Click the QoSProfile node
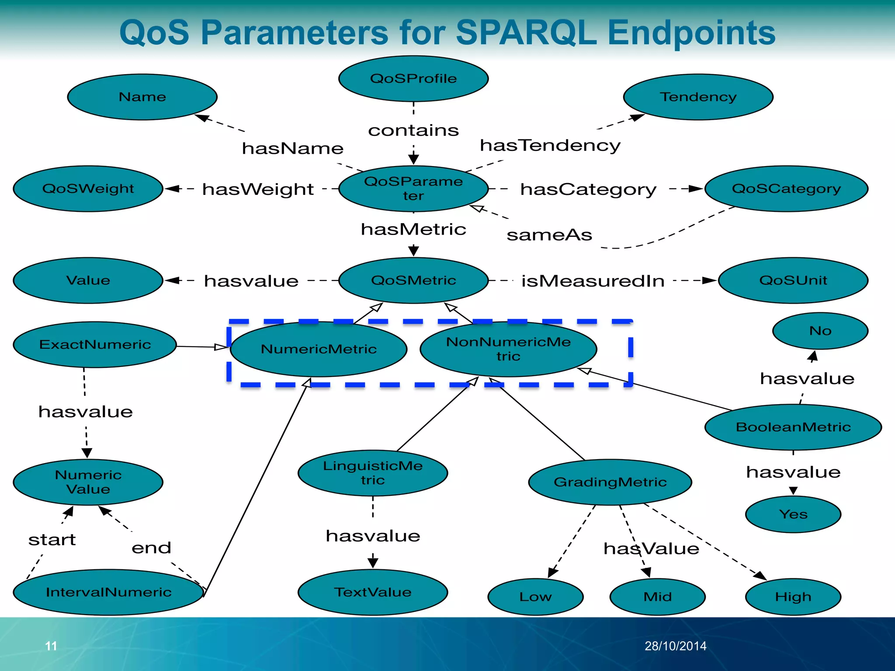click(x=413, y=79)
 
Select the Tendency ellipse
click(x=698, y=97)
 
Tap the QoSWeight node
click(x=88, y=189)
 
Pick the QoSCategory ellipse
click(x=786, y=189)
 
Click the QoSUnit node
click(x=793, y=280)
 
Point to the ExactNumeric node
click(x=95, y=345)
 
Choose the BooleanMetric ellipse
click(x=793, y=427)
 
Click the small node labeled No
click(x=820, y=331)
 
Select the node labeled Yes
click(x=793, y=514)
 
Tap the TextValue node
click(x=373, y=592)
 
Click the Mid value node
click(x=657, y=597)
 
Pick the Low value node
click(x=535, y=597)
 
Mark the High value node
click(x=793, y=597)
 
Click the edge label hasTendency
click(x=550, y=145)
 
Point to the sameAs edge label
click(x=549, y=235)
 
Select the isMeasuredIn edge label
click(x=593, y=281)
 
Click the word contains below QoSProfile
click(x=413, y=130)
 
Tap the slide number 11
click(x=51, y=646)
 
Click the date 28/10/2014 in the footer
click(x=675, y=646)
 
